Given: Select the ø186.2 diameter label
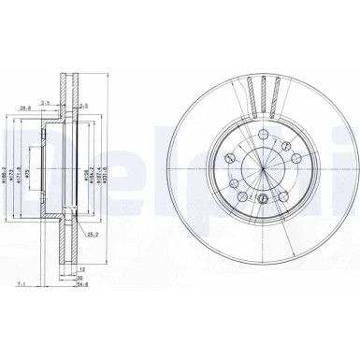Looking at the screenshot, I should coord(14,171).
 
